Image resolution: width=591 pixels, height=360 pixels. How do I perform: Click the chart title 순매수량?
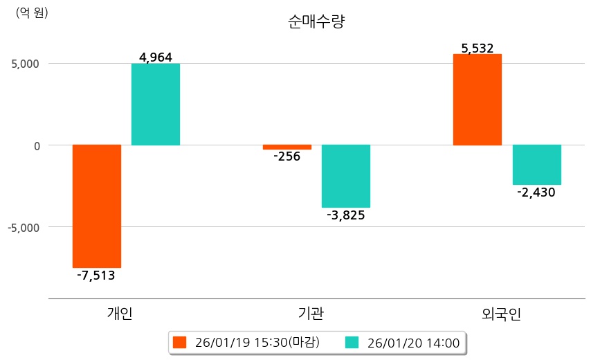(316, 22)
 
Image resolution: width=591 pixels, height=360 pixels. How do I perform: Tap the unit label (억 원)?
(32, 12)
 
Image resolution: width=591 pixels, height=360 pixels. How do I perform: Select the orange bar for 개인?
(97, 206)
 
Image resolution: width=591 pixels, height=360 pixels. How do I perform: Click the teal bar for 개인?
(156, 105)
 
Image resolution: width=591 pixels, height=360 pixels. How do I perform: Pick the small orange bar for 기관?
(287, 147)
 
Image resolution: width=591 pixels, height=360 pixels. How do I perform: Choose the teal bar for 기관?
(346, 176)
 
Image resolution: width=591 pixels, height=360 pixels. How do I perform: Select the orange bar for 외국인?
(478, 100)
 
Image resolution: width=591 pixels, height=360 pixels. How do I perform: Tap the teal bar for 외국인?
(536, 165)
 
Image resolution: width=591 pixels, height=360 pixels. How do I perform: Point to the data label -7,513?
(96, 276)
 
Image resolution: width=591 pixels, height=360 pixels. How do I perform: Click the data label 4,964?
(156, 57)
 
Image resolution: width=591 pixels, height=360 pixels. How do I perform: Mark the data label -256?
(287, 156)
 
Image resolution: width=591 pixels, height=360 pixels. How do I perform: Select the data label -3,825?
(346, 215)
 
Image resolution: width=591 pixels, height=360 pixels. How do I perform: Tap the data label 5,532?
(478, 48)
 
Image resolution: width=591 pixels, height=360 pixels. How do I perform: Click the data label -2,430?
(536, 192)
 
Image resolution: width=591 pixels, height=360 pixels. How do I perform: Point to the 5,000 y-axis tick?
(25, 64)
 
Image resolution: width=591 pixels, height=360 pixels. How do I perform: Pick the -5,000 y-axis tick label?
(24, 227)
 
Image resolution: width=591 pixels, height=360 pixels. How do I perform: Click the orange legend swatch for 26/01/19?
(180, 342)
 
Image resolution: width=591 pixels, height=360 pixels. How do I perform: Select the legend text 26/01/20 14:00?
(413, 342)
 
